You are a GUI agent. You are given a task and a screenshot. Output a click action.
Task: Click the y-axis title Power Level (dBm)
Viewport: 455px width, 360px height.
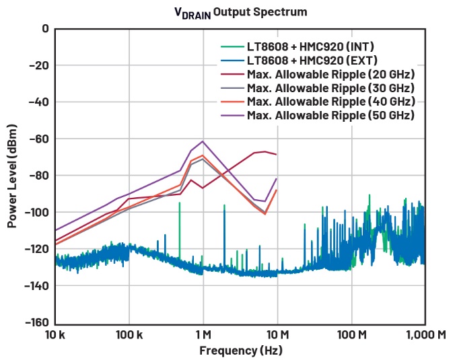click(12, 175)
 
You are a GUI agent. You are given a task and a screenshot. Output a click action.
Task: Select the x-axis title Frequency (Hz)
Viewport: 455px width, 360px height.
click(240, 351)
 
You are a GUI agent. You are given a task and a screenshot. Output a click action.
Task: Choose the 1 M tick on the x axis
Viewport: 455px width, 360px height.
click(203, 334)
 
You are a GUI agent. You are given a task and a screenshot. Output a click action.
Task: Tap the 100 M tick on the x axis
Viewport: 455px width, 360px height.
click(351, 334)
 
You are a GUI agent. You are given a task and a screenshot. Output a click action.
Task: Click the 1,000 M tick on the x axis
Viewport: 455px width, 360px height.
click(424, 334)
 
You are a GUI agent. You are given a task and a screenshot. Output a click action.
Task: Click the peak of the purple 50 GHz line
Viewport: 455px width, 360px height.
click(203, 141)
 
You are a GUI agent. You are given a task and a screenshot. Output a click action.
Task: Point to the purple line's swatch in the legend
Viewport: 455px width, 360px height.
click(232, 115)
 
